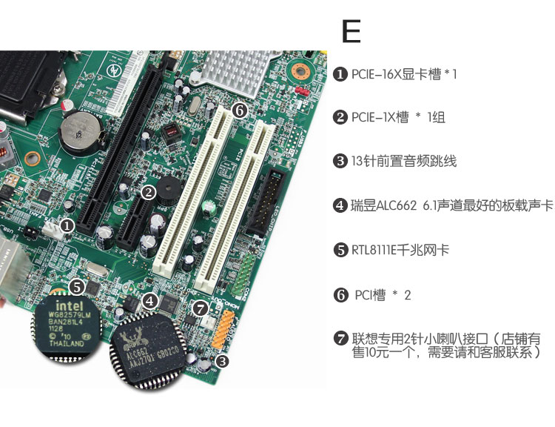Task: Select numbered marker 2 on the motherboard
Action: click(148, 192)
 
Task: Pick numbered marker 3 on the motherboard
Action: click(223, 362)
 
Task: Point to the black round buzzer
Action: click(164, 195)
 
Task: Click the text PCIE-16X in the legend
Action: click(377, 74)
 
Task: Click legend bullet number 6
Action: click(340, 295)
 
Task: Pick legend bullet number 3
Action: click(340, 162)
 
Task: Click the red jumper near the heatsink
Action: click(301, 92)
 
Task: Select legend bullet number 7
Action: click(340, 339)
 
